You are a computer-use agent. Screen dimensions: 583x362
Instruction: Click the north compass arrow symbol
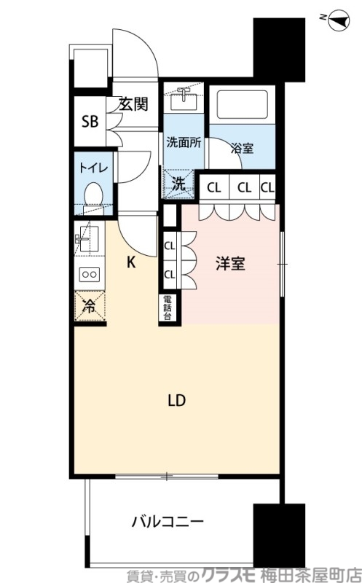[x=337, y=19]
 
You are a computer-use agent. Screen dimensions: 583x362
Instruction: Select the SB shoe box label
[x=90, y=121]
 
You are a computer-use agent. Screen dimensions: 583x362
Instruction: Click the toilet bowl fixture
[x=93, y=195]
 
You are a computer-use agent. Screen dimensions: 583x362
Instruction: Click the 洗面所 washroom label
[x=184, y=142]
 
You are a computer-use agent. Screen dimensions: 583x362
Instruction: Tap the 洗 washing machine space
[x=179, y=184]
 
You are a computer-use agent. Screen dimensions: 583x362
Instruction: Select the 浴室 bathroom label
[x=242, y=148]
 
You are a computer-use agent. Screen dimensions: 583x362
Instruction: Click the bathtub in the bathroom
[x=243, y=106]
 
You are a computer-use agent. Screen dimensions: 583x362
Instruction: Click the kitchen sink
[x=87, y=238]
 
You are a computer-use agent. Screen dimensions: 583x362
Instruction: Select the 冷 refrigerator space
[x=89, y=307]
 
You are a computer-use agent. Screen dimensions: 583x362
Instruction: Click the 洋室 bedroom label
[x=230, y=265]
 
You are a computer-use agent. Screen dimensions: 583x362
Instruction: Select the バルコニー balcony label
[x=168, y=522]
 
